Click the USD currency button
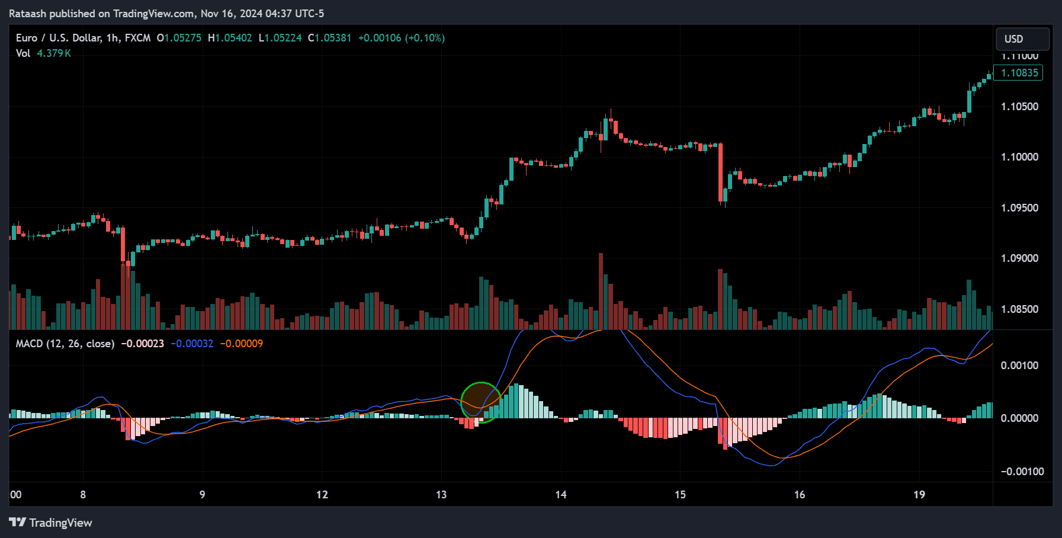click(x=1022, y=39)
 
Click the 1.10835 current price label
click(x=1019, y=73)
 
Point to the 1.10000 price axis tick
click(x=1019, y=157)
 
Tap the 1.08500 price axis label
click(x=1019, y=309)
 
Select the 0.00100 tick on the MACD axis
click(x=1019, y=366)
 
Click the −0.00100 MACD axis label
click(x=1021, y=472)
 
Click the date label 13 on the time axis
click(x=441, y=495)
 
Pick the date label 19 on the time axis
click(x=919, y=495)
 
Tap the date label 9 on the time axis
click(x=203, y=495)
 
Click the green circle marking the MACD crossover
click(x=481, y=402)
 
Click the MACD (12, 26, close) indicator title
click(x=65, y=344)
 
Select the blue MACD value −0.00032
click(x=192, y=344)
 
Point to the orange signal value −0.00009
click(x=242, y=344)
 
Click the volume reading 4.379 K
click(x=54, y=53)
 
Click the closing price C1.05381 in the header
click(x=329, y=38)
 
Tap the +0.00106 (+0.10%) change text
click(x=401, y=38)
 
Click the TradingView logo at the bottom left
click(x=50, y=523)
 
